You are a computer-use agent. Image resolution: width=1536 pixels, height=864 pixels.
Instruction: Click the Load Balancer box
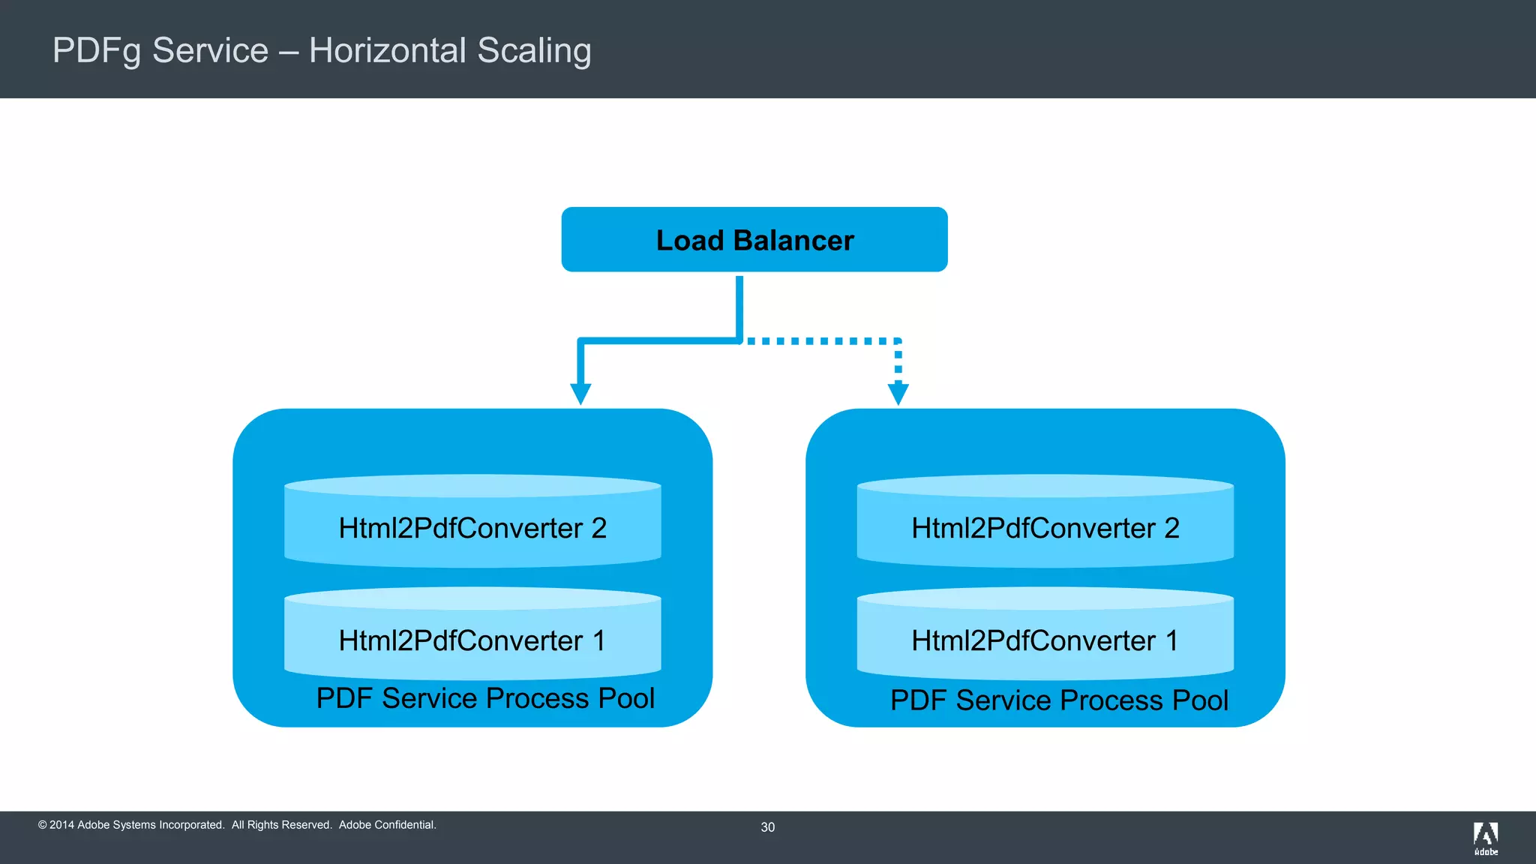click(754, 239)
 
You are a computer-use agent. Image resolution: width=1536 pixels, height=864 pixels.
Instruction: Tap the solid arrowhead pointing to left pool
click(580, 394)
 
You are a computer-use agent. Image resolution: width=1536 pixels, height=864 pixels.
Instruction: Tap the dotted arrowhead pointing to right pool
click(898, 394)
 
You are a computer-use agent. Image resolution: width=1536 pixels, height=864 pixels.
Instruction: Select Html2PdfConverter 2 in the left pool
click(472, 528)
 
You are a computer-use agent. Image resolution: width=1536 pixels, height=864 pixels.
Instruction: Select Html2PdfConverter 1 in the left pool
click(472, 640)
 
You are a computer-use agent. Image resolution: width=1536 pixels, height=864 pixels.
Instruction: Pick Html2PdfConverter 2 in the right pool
click(1045, 528)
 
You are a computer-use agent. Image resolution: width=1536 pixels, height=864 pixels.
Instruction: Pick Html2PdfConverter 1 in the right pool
click(1045, 640)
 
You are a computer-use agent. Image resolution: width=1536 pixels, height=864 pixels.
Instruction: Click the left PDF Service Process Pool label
click(485, 698)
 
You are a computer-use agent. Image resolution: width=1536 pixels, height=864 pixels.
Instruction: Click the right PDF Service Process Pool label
click(1059, 700)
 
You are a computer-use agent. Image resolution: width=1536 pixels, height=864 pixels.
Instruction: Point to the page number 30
click(767, 827)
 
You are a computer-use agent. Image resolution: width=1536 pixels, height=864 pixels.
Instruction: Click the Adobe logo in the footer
click(1485, 838)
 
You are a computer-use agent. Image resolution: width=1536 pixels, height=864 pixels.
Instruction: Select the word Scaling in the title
click(534, 51)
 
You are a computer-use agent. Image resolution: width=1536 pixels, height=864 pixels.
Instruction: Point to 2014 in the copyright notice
click(61, 825)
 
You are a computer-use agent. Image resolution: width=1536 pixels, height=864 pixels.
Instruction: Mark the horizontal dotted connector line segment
click(821, 341)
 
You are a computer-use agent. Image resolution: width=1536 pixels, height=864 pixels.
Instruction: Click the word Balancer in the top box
click(793, 241)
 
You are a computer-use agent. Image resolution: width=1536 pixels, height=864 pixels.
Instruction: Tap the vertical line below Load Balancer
click(739, 307)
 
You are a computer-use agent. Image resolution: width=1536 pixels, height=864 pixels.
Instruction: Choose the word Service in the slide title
click(210, 51)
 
